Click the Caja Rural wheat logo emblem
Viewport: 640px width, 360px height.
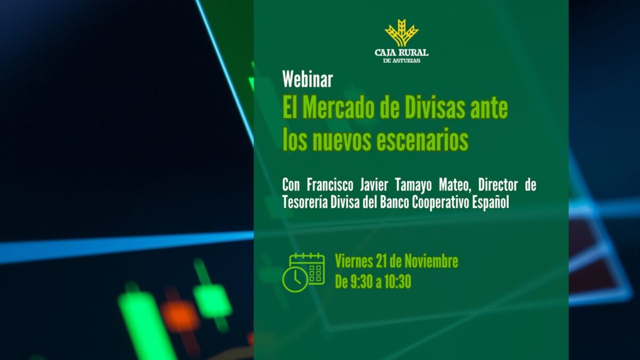tap(402, 33)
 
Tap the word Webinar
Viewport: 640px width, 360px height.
tap(308, 79)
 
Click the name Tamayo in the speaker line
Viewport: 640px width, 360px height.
tap(416, 185)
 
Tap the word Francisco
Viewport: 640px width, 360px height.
tap(331, 185)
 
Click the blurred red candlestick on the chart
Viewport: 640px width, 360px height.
tap(180, 316)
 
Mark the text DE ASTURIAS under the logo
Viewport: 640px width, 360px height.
tap(402, 61)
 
